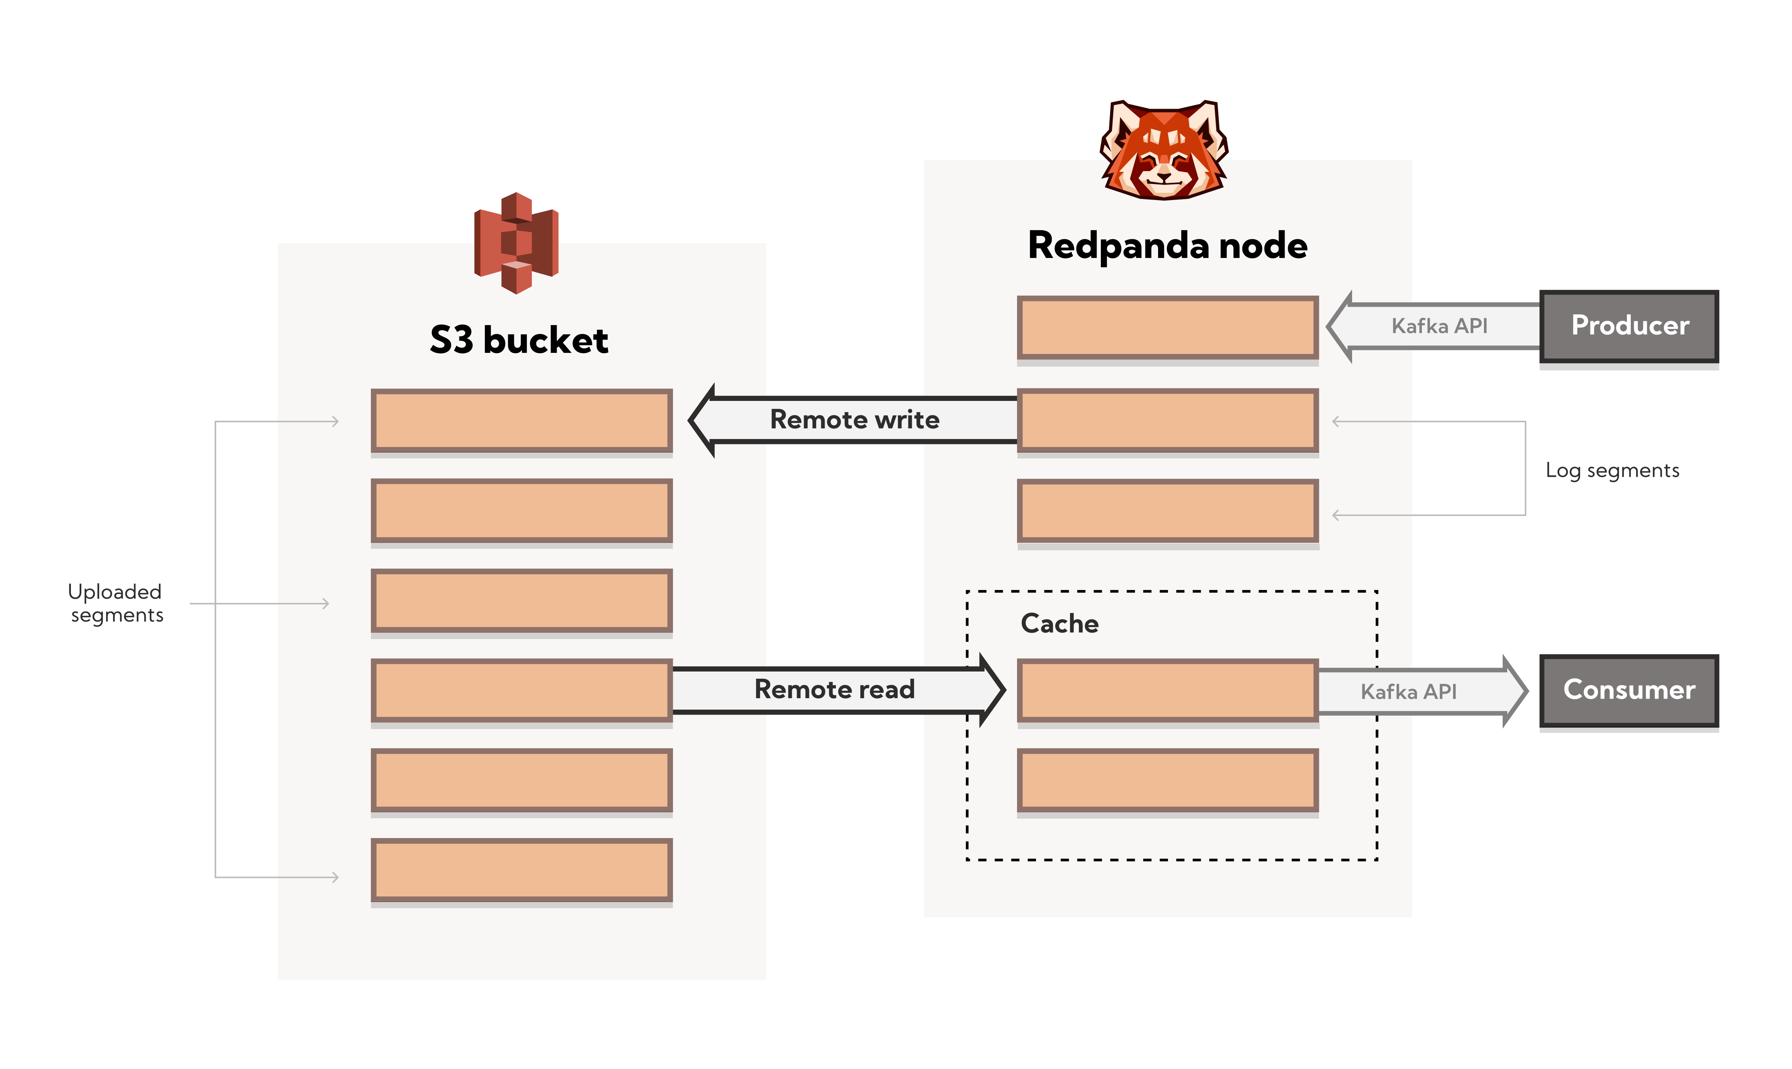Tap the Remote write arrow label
pyautogui.click(x=855, y=420)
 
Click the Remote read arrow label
pyautogui.click(x=834, y=689)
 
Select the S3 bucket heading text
pyautogui.click(x=519, y=340)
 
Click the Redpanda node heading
pyautogui.click(x=1167, y=246)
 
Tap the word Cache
pyautogui.click(x=1059, y=624)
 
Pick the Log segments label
pyautogui.click(x=1612, y=470)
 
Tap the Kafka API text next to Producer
pyautogui.click(x=1439, y=326)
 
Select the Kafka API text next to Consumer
pyautogui.click(x=1408, y=692)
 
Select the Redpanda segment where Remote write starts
pyautogui.click(x=1167, y=420)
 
